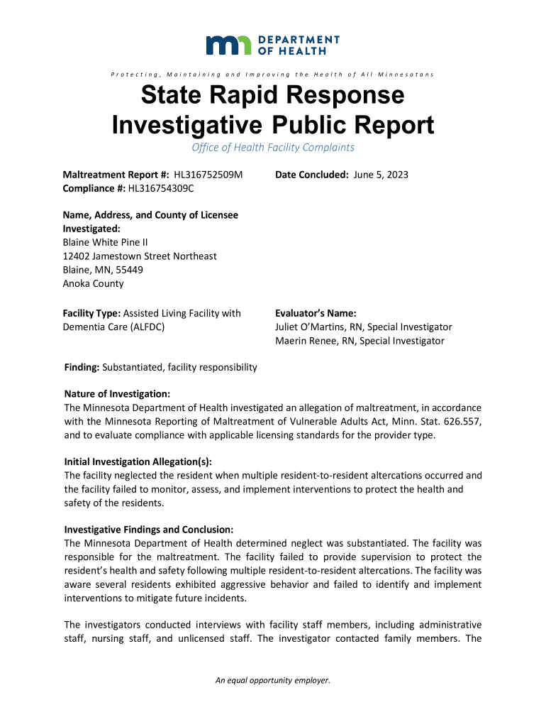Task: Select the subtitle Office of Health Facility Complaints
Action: click(x=273, y=148)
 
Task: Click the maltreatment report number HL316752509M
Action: click(x=208, y=175)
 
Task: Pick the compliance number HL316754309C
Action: click(x=161, y=188)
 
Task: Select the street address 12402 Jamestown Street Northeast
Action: click(x=140, y=256)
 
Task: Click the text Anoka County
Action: click(x=93, y=284)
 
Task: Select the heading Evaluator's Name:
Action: click(x=316, y=313)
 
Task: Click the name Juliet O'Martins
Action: click(x=310, y=327)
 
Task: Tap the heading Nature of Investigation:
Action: click(x=117, y=394)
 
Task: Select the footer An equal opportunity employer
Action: click(x=273, y=681)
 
